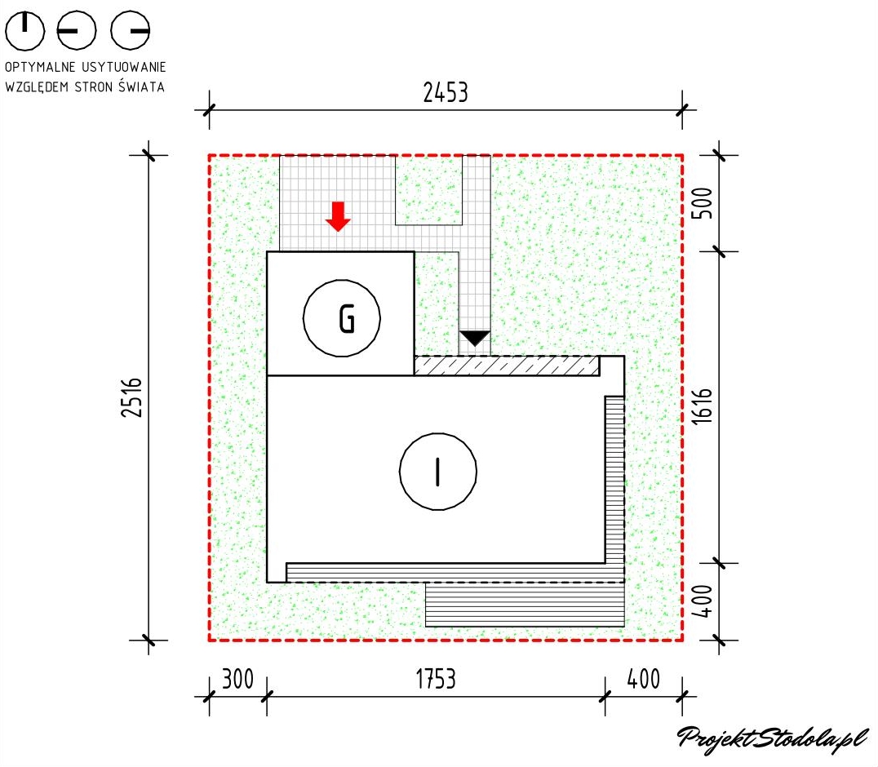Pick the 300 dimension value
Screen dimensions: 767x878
tap(237, 680)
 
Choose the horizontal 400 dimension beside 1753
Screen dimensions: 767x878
tap(645, 680)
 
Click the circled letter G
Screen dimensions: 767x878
tap(342, 319)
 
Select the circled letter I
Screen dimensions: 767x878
tap(438, 471)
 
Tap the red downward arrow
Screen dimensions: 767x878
tap(338, 215)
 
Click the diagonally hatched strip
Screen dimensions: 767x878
tap(506, 366)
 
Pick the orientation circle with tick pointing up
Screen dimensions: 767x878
tap(25, 31)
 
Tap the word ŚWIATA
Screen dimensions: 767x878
tap(144, 86)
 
